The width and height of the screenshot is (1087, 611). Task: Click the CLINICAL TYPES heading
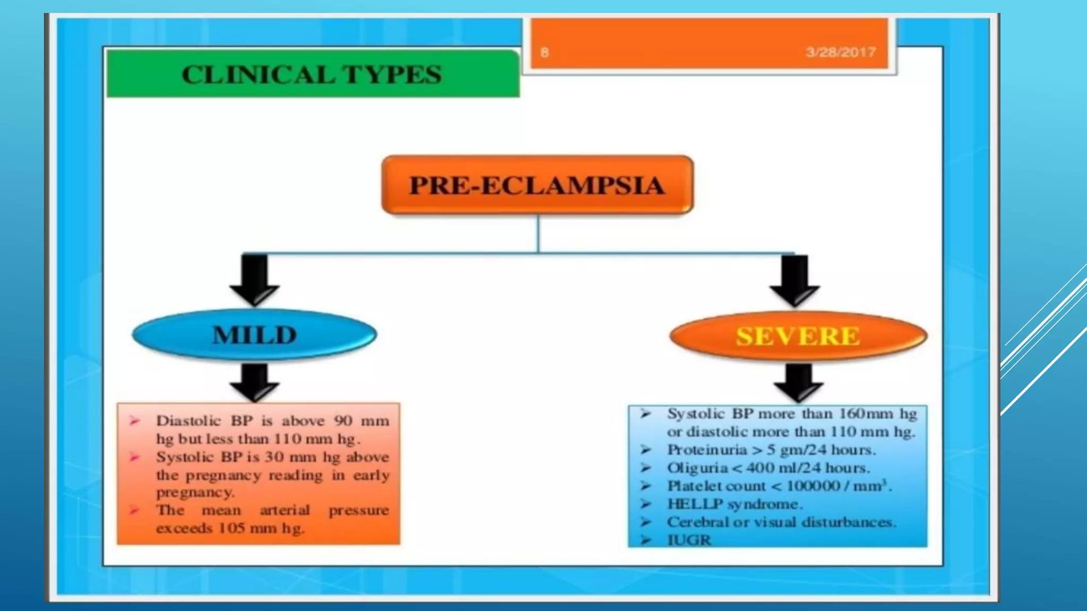(x=312, y=74)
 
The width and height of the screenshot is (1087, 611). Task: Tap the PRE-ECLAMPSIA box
(x=537, y=185)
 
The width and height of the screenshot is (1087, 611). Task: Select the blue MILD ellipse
(x=255, y=335)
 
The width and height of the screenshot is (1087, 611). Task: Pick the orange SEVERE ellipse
(x=798, y=336)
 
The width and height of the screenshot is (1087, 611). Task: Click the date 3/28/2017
(x=840, y=52)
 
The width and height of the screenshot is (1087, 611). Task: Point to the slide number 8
(x=545, y=53)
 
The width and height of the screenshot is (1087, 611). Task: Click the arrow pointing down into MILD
(x=255, y=279)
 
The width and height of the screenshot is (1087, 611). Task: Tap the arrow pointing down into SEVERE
(x=795, y=280)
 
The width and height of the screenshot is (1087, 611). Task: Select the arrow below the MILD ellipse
(x=255, y=382)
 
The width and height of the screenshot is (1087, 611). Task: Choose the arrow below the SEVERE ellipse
(x=798, y=382)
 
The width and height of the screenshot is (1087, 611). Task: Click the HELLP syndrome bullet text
(x=735, y=504)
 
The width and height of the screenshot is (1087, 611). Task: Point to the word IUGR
(x=689, y=540)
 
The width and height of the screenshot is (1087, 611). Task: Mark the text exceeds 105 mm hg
(x=230, y=528)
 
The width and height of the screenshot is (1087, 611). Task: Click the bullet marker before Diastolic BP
(x=134, y=421)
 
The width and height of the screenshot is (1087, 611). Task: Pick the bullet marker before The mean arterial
(x=134, y=510)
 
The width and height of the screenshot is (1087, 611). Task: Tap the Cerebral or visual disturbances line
(x=781, y=522)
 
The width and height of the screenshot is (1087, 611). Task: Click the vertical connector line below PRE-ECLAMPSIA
(x=538, y=233)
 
